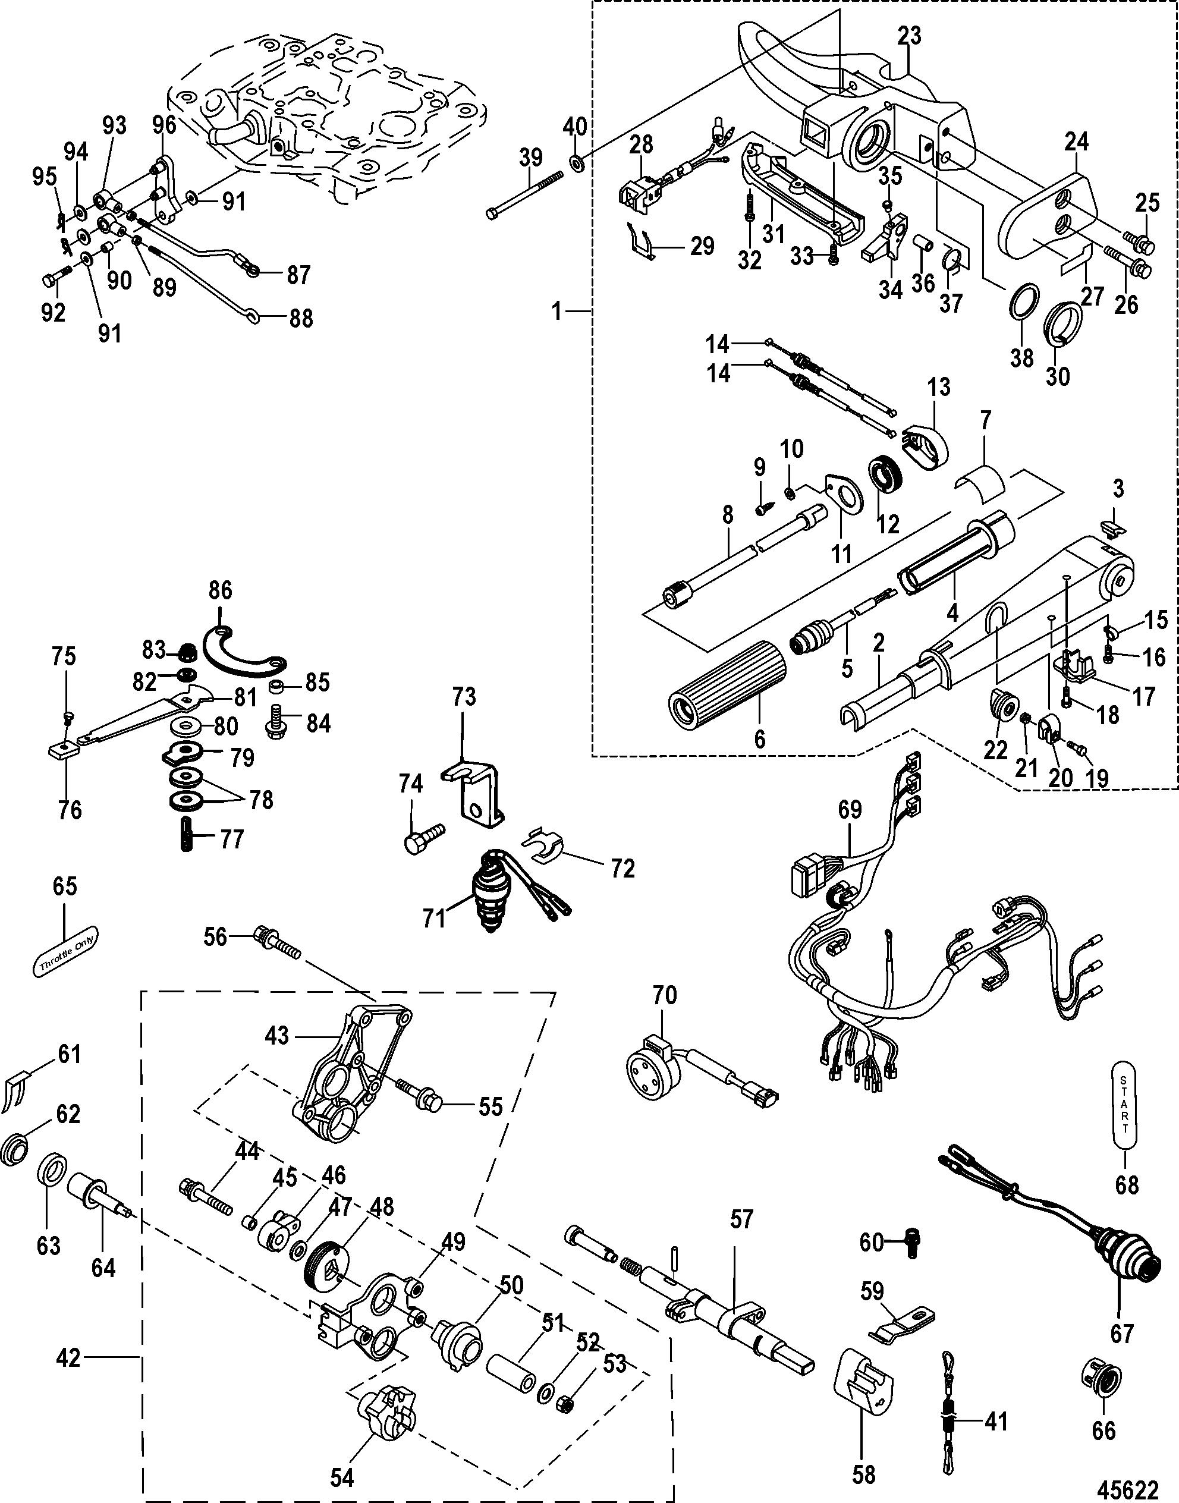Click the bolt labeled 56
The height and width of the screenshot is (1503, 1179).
pyautogui.click(x=277, y=941)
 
